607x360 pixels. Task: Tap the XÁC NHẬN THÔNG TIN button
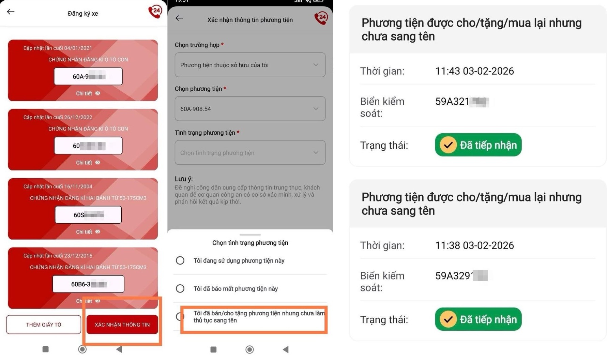[122, 325]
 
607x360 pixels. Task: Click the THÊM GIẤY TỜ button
[44, 325]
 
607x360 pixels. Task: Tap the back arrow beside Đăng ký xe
[11, 12]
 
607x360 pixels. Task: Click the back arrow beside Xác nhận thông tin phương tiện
[179, 18]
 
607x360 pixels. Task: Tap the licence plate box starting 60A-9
[88, 76]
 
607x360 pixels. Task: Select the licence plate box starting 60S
[88, 215]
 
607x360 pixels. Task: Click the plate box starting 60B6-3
[88, 284]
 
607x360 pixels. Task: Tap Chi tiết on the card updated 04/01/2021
[88, 93]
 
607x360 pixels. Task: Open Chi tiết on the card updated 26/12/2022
[88, 163]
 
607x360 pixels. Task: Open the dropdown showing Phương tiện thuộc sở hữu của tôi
[250, 65]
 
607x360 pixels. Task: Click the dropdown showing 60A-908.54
[250, 109]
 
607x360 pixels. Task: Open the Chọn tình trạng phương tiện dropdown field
[250, 153]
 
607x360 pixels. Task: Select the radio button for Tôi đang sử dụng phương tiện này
[180, 260]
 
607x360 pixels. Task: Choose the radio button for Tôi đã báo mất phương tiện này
[180, 289]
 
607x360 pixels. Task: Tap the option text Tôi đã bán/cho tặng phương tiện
[258, 317]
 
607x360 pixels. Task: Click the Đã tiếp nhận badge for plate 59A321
[478, 145]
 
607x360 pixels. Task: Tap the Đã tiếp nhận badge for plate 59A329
[478, 319]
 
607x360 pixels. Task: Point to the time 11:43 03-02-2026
[474, 71]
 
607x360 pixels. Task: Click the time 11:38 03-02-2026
[474, 245]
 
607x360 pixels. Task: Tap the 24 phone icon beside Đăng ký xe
[155, 12]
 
